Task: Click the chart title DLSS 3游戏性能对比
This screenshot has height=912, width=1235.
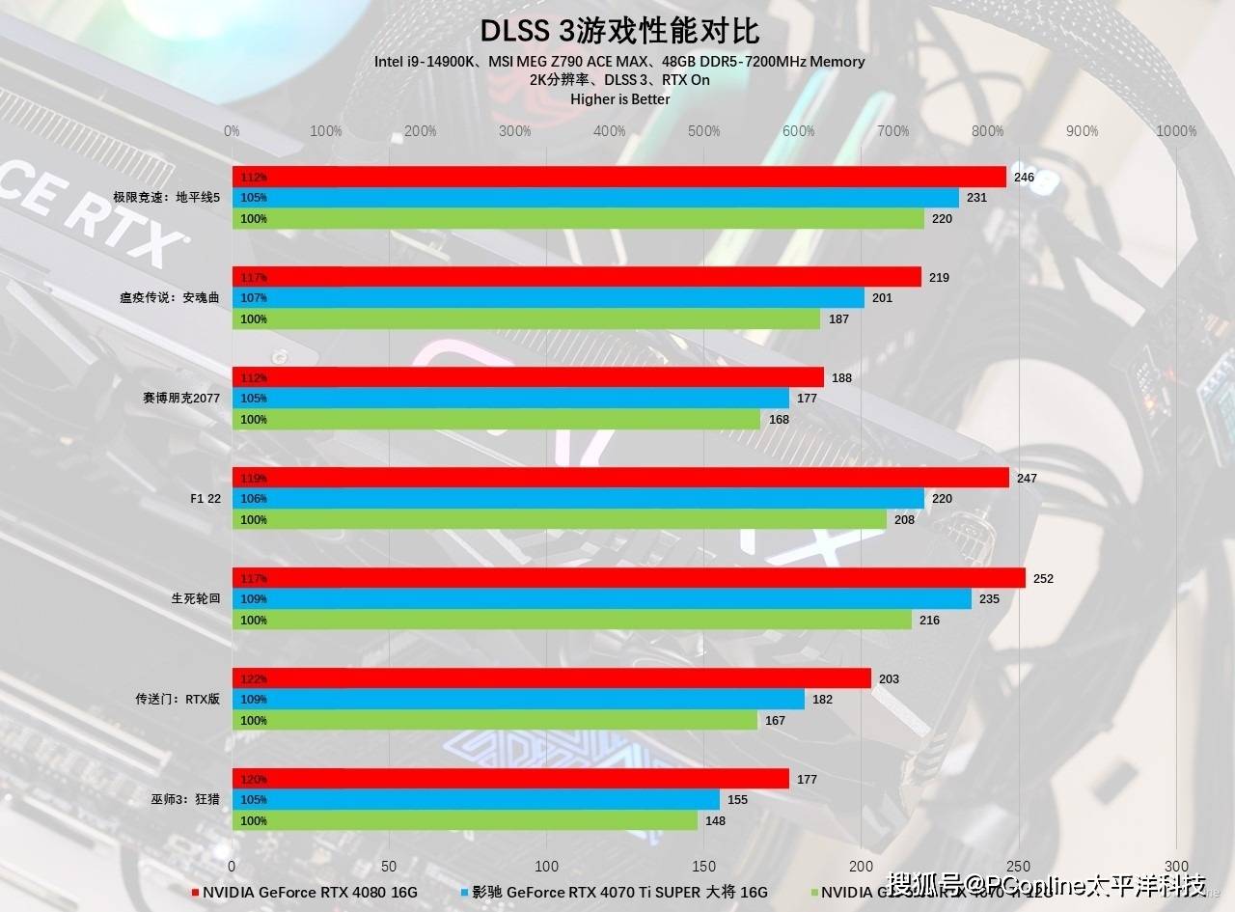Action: (x=618, y=30)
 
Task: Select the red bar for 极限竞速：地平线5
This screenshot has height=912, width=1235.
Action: (x=618, y=177)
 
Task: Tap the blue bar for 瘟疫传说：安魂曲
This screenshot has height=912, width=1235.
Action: (x=548, y=298)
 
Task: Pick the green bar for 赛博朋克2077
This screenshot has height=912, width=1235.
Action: (x=496, y=420)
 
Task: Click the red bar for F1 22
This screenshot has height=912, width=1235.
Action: (x=620, y=478)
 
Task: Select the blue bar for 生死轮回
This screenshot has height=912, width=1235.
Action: (x=601, y=599)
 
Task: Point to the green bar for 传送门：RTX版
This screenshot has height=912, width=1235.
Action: (x=494, y=721)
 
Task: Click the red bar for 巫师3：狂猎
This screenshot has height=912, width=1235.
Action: (x=510, y=779)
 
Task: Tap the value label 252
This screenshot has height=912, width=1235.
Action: (x=1043, y=579)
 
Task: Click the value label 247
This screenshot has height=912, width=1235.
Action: (x=1027, y=479)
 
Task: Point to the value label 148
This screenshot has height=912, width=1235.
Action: (x=715, y=821)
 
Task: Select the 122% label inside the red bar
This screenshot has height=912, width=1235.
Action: (x=254, y=679)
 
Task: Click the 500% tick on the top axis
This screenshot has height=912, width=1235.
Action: (x=704, y=131)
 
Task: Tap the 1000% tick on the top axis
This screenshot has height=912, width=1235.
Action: (x=1176, y=131)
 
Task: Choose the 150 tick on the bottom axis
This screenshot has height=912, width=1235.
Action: (x=704, y=866)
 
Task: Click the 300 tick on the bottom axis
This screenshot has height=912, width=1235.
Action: (x=1176, y=866)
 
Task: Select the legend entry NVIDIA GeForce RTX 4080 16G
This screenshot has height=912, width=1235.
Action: (x=309, y=893)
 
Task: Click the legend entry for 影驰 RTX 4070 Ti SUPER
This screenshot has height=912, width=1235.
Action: (x=618, y=893)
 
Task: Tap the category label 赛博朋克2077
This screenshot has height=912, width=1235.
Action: (x=180, y=399)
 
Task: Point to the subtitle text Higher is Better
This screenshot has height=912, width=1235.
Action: (x=619, y=98)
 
